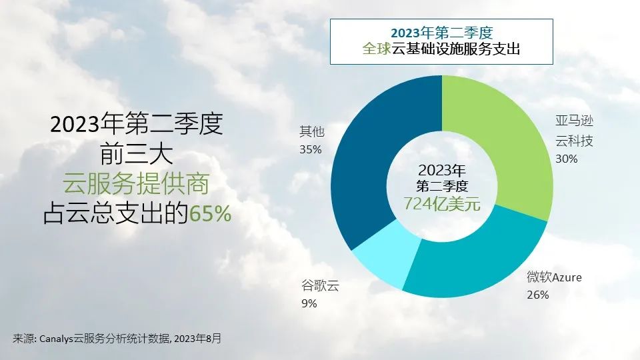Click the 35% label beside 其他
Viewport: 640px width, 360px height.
click(x=311, y=150)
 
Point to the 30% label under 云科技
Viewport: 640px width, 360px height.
click(x=567, y=159)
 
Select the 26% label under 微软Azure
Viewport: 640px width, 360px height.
click(x=538, y=295)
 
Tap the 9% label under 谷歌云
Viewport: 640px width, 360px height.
click(x=309, y=303)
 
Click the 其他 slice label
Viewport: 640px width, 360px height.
click(x=312, y=131)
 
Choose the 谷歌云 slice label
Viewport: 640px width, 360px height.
click(x=321, y=285)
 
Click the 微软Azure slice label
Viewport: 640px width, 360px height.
click(x=554, y=277)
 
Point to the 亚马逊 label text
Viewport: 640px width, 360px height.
click(x=574, y=121)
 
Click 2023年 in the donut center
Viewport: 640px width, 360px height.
click(x=442, y=170)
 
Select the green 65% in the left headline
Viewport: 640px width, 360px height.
click(x=210, y=213)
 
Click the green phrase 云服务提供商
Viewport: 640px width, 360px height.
click(x=136, y=184)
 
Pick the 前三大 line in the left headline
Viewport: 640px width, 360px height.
click(x=136, y=153)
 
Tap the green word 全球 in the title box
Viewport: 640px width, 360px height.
click(x=377, y=49)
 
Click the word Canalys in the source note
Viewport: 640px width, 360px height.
click(x=56, y=339)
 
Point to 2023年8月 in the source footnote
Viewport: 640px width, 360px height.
click(x=197, y=339)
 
